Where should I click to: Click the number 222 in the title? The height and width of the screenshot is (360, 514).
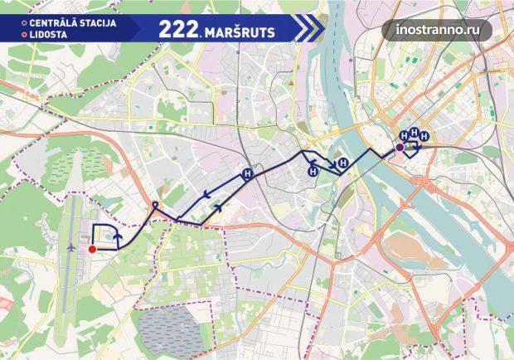(x=177, y=29)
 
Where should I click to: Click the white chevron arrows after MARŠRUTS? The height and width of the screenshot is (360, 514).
(x=308, y=29)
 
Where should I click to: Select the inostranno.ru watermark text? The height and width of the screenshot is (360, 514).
(x=438, y=30)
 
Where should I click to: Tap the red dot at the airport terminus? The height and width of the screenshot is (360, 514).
(x=92, y=248)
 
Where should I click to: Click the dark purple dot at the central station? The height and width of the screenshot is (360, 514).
(x=400, y=148)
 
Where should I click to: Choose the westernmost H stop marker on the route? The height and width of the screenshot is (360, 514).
(x=246, y=174)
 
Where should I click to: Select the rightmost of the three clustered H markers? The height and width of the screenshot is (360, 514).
(x=424, y=135)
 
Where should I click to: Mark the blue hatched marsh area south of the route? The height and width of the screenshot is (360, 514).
(x=166, y=328)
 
